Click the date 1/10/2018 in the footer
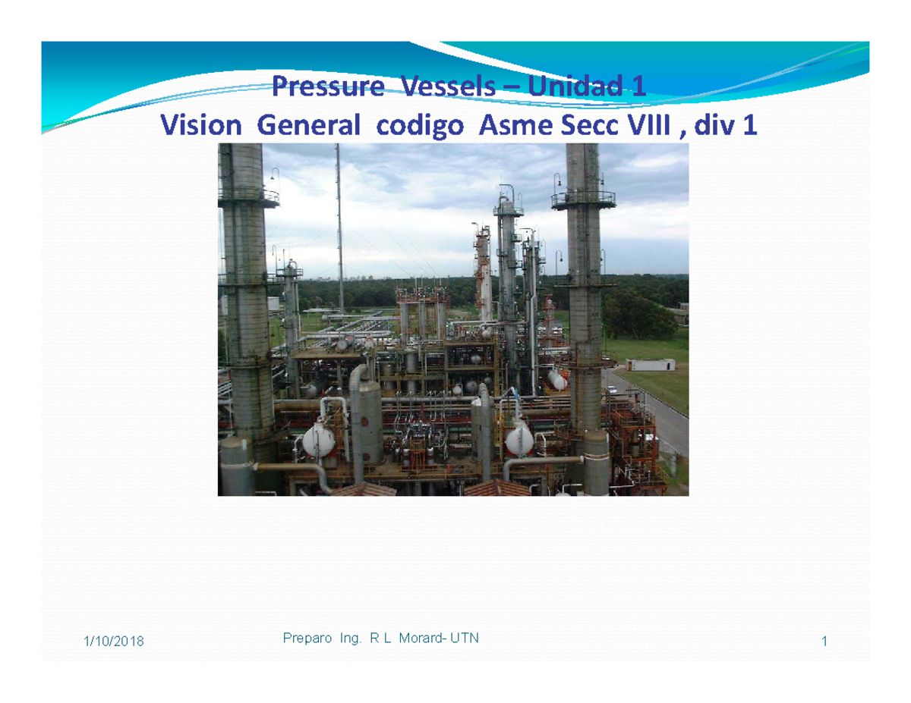coord(113,642)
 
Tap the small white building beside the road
coord(650,365)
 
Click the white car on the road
coord(612,391)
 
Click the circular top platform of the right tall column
coord(583,199)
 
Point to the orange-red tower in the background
coord(482,262)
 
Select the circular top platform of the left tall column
coord(247,196)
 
